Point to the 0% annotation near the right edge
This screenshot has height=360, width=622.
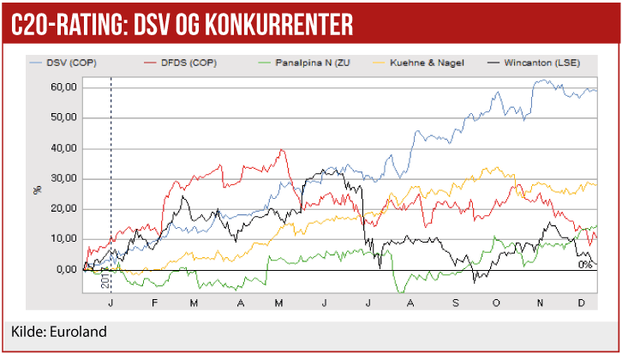585,265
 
